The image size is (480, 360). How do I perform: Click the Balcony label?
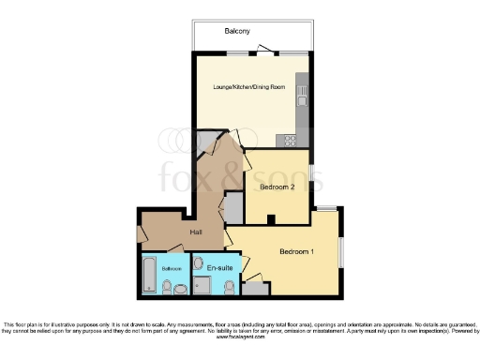(236, 31)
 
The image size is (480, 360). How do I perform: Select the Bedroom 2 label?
(277, 187)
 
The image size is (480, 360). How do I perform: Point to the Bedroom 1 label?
(296, 251)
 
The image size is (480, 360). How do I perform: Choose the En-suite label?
(219, 268)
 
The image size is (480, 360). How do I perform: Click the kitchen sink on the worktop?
(302, 94)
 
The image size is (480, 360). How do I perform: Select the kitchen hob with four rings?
(290, 141)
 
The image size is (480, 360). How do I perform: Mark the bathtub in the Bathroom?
(149, 274)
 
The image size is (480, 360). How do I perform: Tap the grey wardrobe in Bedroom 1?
(252, 278)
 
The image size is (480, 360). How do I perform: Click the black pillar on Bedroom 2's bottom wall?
(269, 220)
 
